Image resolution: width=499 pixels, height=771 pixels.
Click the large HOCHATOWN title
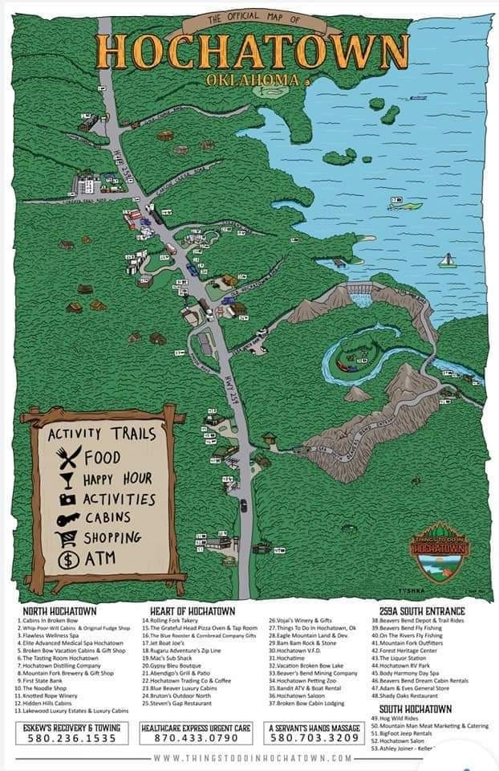coord(251,50)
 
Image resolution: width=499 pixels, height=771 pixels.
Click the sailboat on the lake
coord(447,261)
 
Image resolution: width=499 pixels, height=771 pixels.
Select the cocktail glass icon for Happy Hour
coord(66,479)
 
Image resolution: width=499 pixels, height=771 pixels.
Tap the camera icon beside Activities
coord(66,498)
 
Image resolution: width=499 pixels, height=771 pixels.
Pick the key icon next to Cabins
coord(66,518)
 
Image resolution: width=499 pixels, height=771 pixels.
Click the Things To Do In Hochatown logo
coord(438,551)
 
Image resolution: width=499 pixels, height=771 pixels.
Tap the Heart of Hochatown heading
coord(192,610)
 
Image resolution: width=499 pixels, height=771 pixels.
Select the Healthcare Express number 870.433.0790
coord(196,738)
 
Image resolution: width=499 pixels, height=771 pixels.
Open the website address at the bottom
coord(252,758)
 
